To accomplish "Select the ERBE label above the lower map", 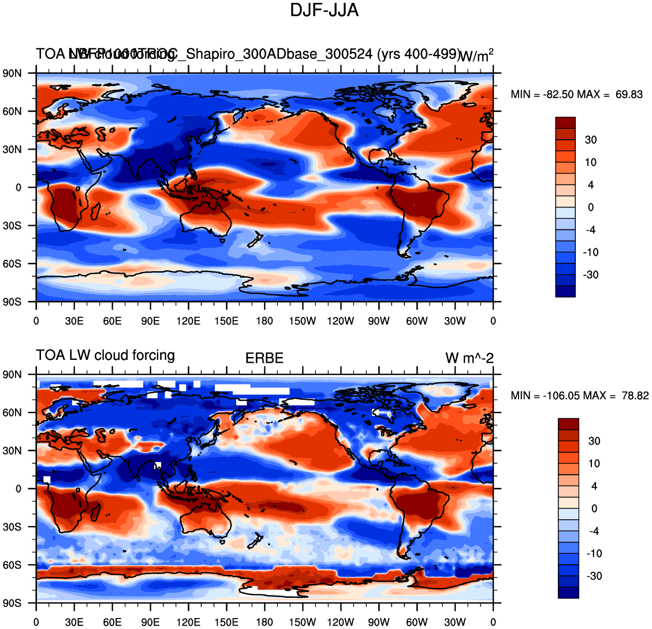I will [264, 359].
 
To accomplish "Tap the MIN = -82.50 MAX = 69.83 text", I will [576, 95].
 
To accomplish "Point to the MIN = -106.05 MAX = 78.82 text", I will [580, 396].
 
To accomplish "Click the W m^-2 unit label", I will [469, 359].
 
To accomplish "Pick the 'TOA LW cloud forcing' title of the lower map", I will [106, 355].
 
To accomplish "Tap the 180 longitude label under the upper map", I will [264, 321].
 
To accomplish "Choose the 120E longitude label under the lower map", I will [188, 623].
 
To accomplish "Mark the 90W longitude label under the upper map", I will [379, 321].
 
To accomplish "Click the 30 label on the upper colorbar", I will [590, 140].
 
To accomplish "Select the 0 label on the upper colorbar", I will [590, 207].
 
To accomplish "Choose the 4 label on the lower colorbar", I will [593, 486].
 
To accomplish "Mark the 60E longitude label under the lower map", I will [112, 623].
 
